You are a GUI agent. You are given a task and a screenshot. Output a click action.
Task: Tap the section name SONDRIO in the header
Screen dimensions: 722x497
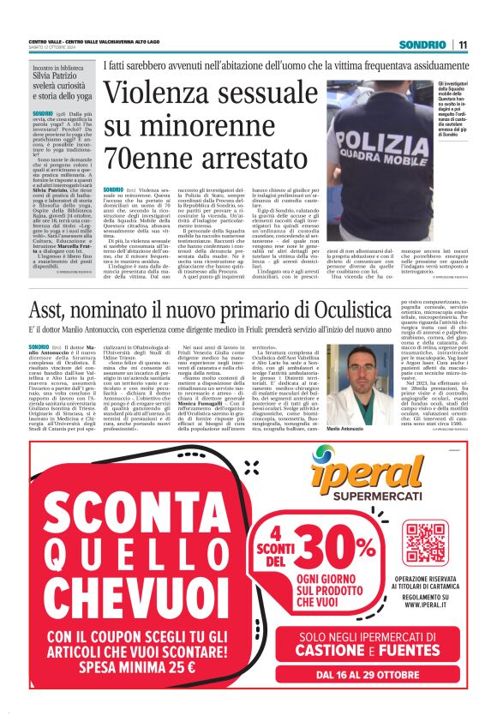(426, 45)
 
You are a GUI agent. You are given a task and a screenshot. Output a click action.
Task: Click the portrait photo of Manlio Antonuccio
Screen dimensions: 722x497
(351, 370)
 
